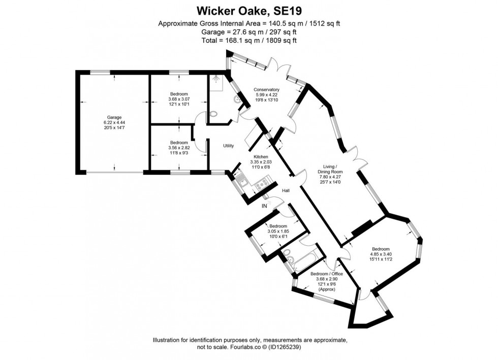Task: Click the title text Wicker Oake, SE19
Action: [248, 11]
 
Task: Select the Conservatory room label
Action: [266, 90]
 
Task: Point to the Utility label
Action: [228, 146]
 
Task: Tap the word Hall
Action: [286, 190]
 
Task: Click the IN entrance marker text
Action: [264, 206]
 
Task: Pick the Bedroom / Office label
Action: [326, 274]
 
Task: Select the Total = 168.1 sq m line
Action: [248, 40]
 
